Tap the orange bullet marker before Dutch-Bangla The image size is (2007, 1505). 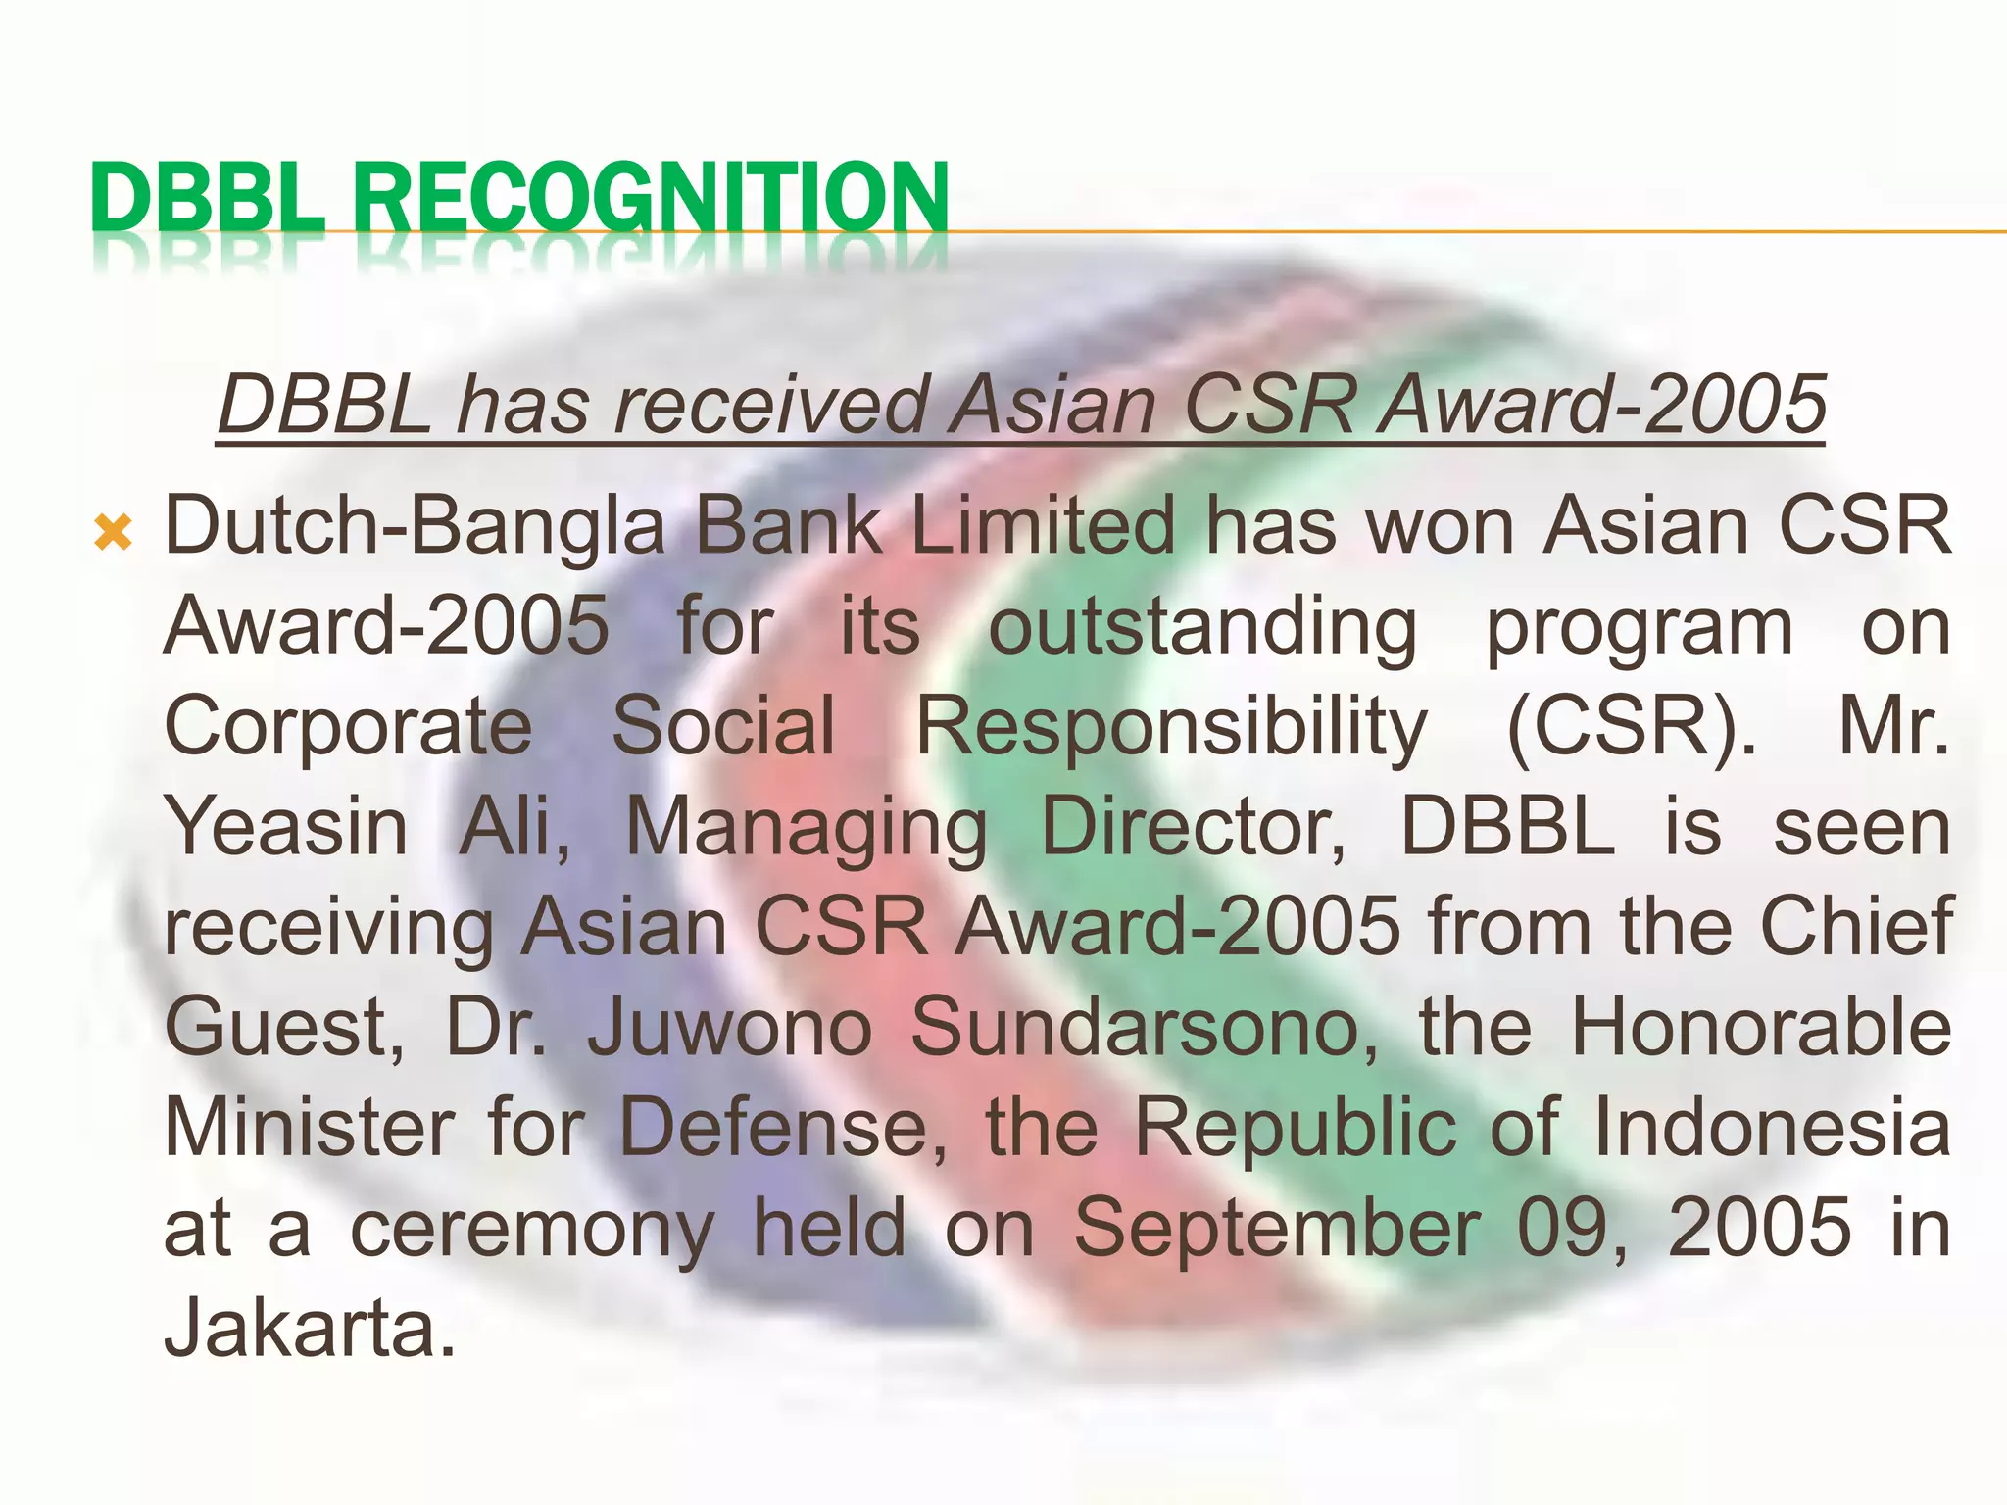pos(114,535)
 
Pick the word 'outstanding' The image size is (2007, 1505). pos(1202,629)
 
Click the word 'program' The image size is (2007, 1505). pos(1640,629)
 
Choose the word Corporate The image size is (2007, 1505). pos(348,726)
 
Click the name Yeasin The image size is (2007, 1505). pos(285,827)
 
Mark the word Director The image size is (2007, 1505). pos(1194,827)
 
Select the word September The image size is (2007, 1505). pos(1277,1229)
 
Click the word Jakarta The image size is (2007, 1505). pos(309,1329)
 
